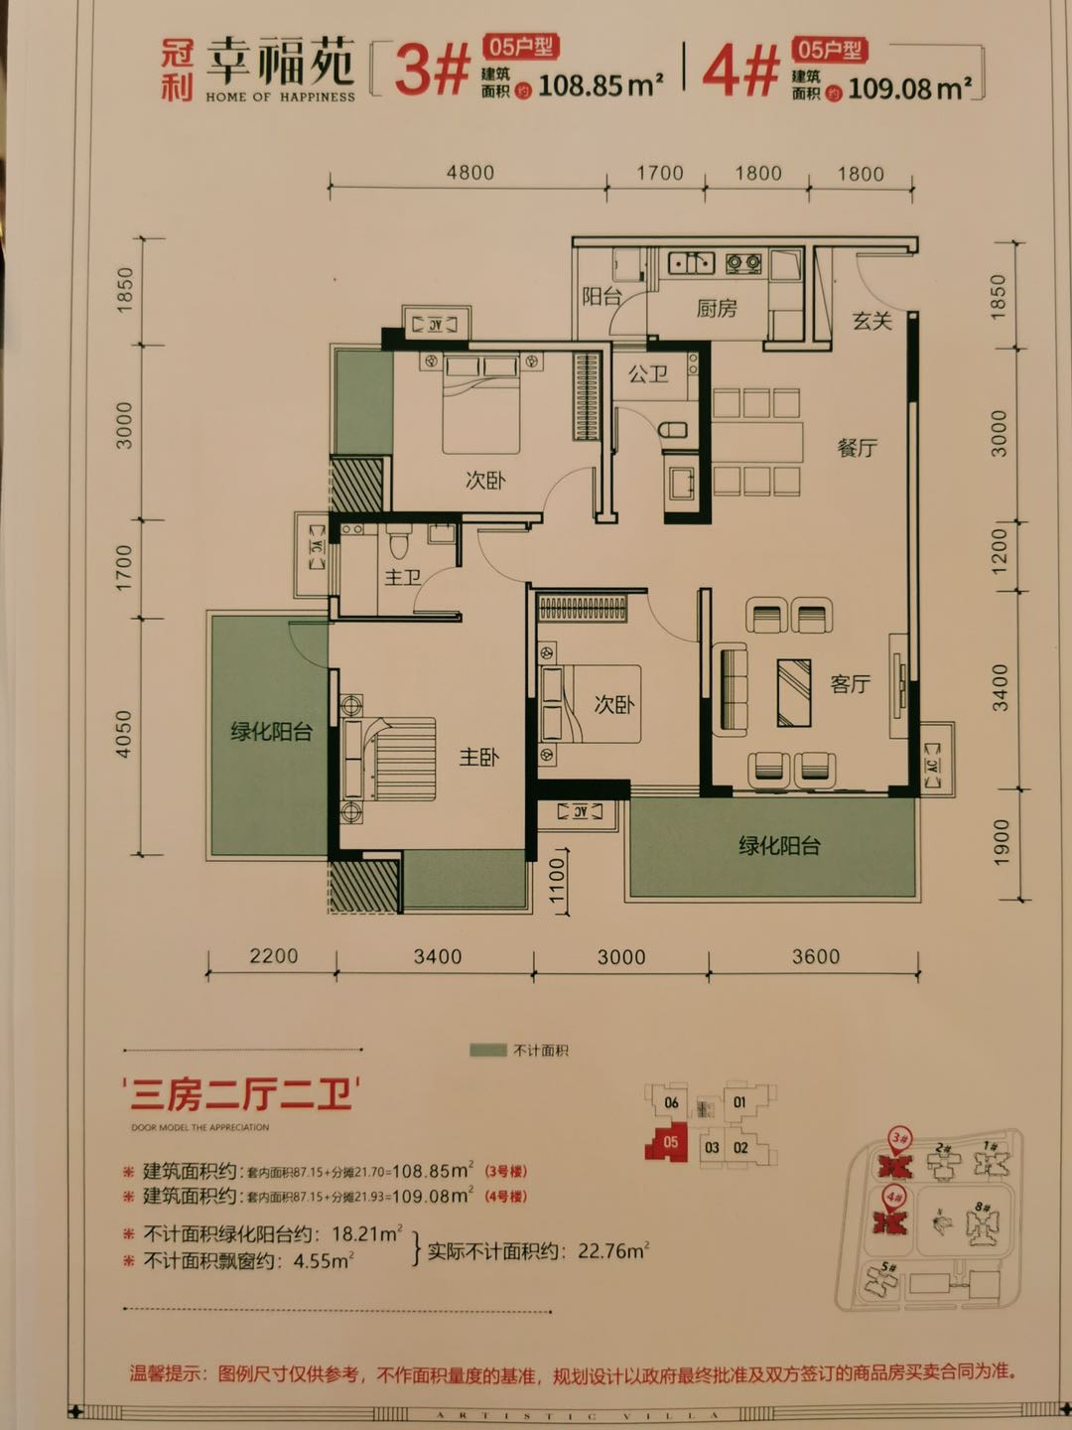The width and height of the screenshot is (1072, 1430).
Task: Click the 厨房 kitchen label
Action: [x=716, y=309]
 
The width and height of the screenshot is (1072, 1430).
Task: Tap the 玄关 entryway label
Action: [x=871, y=321]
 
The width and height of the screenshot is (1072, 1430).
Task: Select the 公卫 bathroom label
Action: [x=647, y=374]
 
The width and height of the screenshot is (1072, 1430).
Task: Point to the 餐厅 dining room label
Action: [x=857, y=448]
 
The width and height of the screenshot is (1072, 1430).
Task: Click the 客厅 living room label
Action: [x=850, y=684]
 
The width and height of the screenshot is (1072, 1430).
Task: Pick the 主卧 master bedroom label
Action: [x=478, y=758]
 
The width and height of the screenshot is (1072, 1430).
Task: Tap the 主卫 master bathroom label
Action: [x=403, y=577]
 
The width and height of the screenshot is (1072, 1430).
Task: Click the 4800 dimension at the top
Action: [x=469, y=173]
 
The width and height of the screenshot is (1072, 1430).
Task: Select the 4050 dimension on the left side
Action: [x=124, y=734]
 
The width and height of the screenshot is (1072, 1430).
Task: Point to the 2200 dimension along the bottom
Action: [x=273, y=956]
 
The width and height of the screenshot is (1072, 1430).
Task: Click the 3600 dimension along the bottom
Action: [x=815, y=956]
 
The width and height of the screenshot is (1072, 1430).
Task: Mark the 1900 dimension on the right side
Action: [x=1000, y=840]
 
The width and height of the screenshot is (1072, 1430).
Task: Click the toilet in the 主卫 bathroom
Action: [x=398, y=543]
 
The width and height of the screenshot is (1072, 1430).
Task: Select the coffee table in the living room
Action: [x=794, y=691]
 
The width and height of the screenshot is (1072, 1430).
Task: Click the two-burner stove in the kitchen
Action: [x=743, y=264]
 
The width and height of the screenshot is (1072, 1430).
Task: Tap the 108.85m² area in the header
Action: [x=600, y=85]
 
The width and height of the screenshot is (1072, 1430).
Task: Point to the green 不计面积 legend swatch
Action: [x=487, y=1050]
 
